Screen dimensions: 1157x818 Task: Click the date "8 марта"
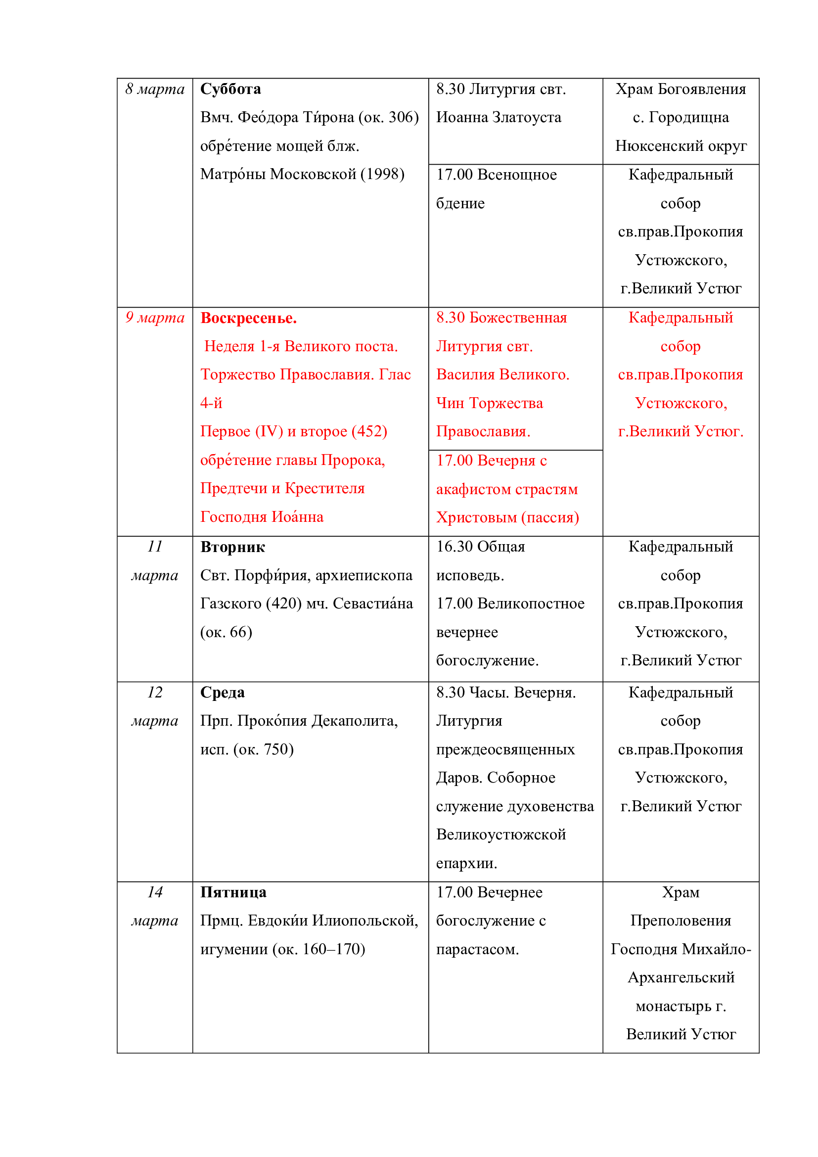(x=155, y=89)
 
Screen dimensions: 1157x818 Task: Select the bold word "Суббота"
(x=230, y=89)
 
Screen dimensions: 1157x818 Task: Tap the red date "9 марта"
(x=155, y=318)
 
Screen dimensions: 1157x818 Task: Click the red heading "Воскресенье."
(x=248, y=318)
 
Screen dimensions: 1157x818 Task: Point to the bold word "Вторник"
(x=232, y=547)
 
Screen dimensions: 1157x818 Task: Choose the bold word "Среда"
(x=222, y=693)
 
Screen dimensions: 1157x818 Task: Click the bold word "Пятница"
(x=233, y=892)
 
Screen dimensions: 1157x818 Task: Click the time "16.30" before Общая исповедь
(x=454, y=547)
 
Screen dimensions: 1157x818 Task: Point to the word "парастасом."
(x=477, y=949)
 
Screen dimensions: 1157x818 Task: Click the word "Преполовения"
(x=681, y=921)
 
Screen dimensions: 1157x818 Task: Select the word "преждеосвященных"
(x=505, y=750)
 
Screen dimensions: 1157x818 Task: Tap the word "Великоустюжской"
(x=500, y=835)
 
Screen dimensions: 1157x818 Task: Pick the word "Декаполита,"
(x=355, y=721)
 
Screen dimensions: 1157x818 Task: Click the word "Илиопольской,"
(x=365, y=921)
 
